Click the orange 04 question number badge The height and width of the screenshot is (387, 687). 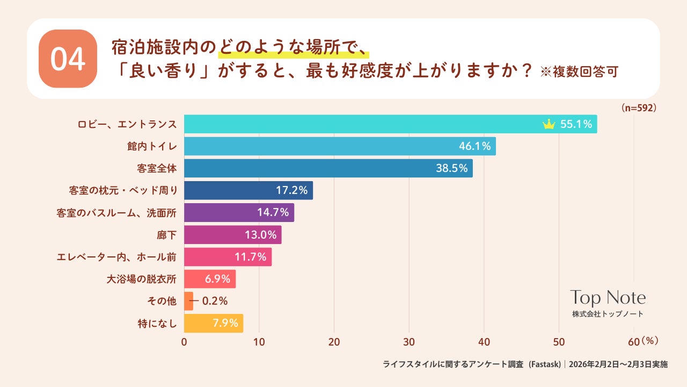coord(68,59)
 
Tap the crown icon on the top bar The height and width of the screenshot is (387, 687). coord(549,125)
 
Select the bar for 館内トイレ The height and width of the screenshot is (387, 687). coord(340,146)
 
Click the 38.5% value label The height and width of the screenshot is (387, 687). coord(451,168)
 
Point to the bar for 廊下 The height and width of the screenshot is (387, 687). coord(232,235)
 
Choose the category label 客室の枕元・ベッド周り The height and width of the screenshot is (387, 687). coord(123,190)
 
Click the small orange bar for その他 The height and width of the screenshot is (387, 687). coord(188,301)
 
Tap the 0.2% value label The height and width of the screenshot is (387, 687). coord(215,301)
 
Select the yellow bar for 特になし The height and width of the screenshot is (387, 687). coord(213,324)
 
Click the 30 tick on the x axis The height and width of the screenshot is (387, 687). coord(409,342)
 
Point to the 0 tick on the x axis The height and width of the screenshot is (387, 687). coord(184,342)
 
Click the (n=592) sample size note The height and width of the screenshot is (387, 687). coord(639,107)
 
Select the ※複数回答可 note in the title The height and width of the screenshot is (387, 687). coord(579,72)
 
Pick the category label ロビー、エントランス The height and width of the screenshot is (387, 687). coord(127,124)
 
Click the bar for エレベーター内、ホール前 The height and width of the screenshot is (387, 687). coord(228,257)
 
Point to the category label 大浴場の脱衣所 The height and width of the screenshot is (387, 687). coord(142,279)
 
